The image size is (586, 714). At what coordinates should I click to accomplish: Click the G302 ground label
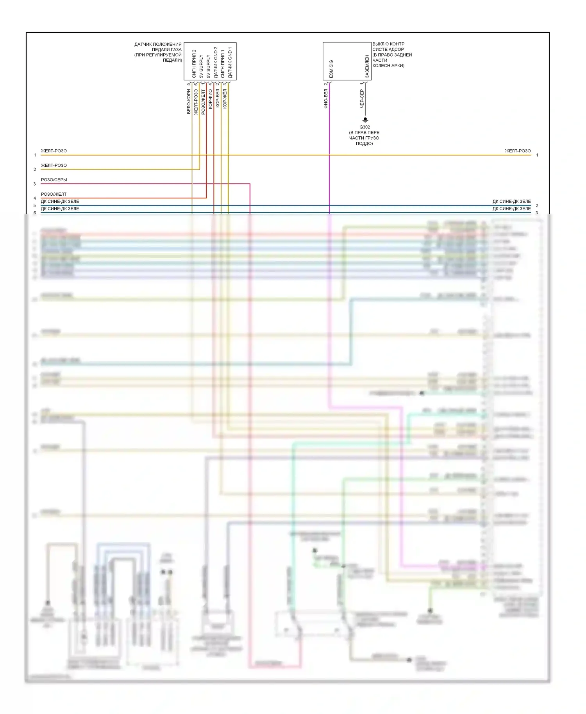[364, 127]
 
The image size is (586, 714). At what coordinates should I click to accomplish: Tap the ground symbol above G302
[365, 120]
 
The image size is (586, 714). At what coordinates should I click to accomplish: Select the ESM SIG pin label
[331, 69]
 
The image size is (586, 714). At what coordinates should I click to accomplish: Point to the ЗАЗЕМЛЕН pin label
[367, 66]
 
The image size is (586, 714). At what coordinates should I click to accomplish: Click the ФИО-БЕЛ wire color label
[326, 98]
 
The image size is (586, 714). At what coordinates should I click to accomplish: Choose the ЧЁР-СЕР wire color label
[362, 98]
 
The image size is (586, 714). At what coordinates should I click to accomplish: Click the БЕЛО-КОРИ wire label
[189, 102]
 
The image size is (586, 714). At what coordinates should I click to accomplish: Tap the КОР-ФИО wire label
[210, 99]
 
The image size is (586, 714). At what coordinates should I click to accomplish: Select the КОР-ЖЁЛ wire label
[225, 98]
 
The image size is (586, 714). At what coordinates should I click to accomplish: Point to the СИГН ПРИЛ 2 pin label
[194, 64]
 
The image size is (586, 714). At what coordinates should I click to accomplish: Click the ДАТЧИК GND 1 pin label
[230, 62]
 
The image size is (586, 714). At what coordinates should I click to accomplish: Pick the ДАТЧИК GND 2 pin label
[216, 62]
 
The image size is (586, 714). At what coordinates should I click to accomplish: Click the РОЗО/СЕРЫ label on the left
[54, 180]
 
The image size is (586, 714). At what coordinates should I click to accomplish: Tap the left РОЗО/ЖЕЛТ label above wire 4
[54, 194]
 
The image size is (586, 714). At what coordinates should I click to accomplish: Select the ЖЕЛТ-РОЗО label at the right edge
[518, 151]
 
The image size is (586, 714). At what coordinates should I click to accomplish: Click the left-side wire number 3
[35, 184]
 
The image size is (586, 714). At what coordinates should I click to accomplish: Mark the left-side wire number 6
[35, 213]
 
